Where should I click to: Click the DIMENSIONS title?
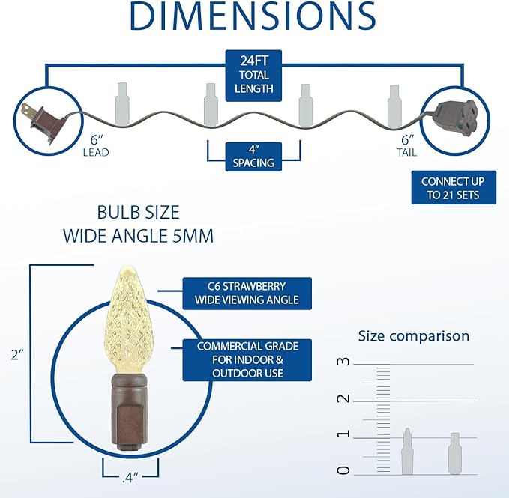[253, 16]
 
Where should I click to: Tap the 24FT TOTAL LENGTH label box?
[253, 76]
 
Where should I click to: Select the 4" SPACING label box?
[253, 157]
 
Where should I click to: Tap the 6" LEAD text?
[96, 145]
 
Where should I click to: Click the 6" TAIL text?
[407, 145]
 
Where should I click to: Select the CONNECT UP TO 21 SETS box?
[454, 188]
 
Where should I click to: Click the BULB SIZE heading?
[138, 213]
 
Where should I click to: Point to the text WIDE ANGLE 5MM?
[138, 236]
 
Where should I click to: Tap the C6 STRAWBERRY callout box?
[247, 294]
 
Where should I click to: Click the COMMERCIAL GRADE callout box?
[247, 360]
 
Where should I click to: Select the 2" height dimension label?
[17, 355]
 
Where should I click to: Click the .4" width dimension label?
[130, 477]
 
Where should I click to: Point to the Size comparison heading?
[414, 336]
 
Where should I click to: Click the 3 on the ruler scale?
[343, 362]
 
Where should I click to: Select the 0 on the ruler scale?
[343, 470]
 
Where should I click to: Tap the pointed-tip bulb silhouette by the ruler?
[407, 451]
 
